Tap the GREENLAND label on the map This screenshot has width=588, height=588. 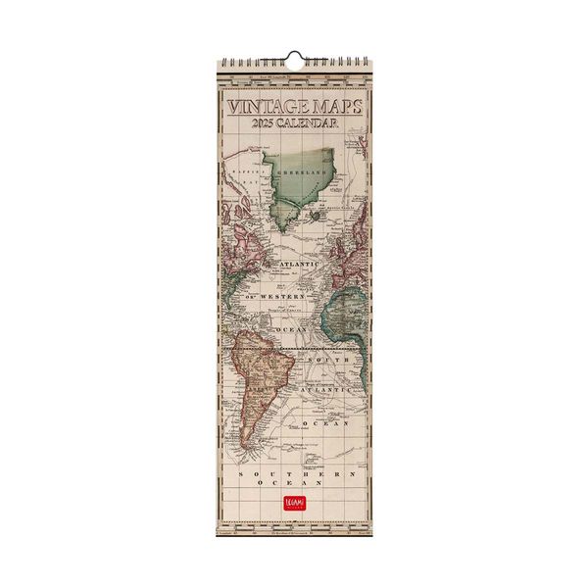[302, 171]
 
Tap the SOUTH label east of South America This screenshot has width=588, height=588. [327, 361]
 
